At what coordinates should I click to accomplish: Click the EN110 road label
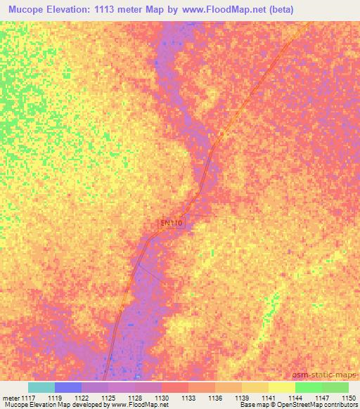[x=172, y=223]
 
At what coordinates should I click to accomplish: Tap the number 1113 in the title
[x=117, y=10]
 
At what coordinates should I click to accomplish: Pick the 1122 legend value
[x=82, y=397]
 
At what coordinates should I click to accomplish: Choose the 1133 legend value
[x=188, y=397]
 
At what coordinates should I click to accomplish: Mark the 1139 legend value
[x=241, y=397]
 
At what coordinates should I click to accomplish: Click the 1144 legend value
[x=295, y=397]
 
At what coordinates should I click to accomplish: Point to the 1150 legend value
[x=348, y=397]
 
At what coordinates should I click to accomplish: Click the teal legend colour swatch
[x=41, y=387]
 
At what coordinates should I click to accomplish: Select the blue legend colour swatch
[x=68, y=387]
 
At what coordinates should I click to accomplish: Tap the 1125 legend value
[x=108, y=397]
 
